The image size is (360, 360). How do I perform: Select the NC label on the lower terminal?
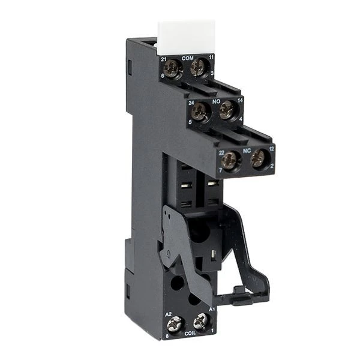[246, 148]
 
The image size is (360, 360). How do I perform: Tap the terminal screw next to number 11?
[197, 68]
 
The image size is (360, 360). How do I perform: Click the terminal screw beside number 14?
[226, 110]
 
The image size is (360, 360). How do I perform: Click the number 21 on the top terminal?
[163, 58]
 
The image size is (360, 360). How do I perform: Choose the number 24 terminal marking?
[191, 103]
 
